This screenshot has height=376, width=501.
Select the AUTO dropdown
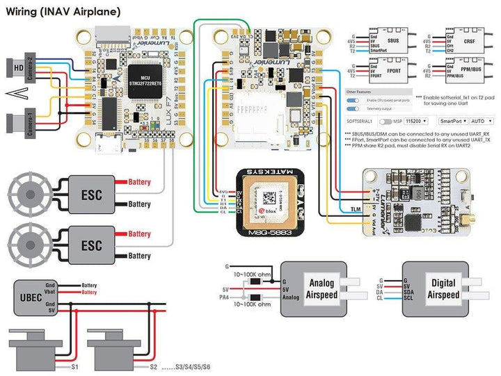pyautogui.click(x=480, y=120)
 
